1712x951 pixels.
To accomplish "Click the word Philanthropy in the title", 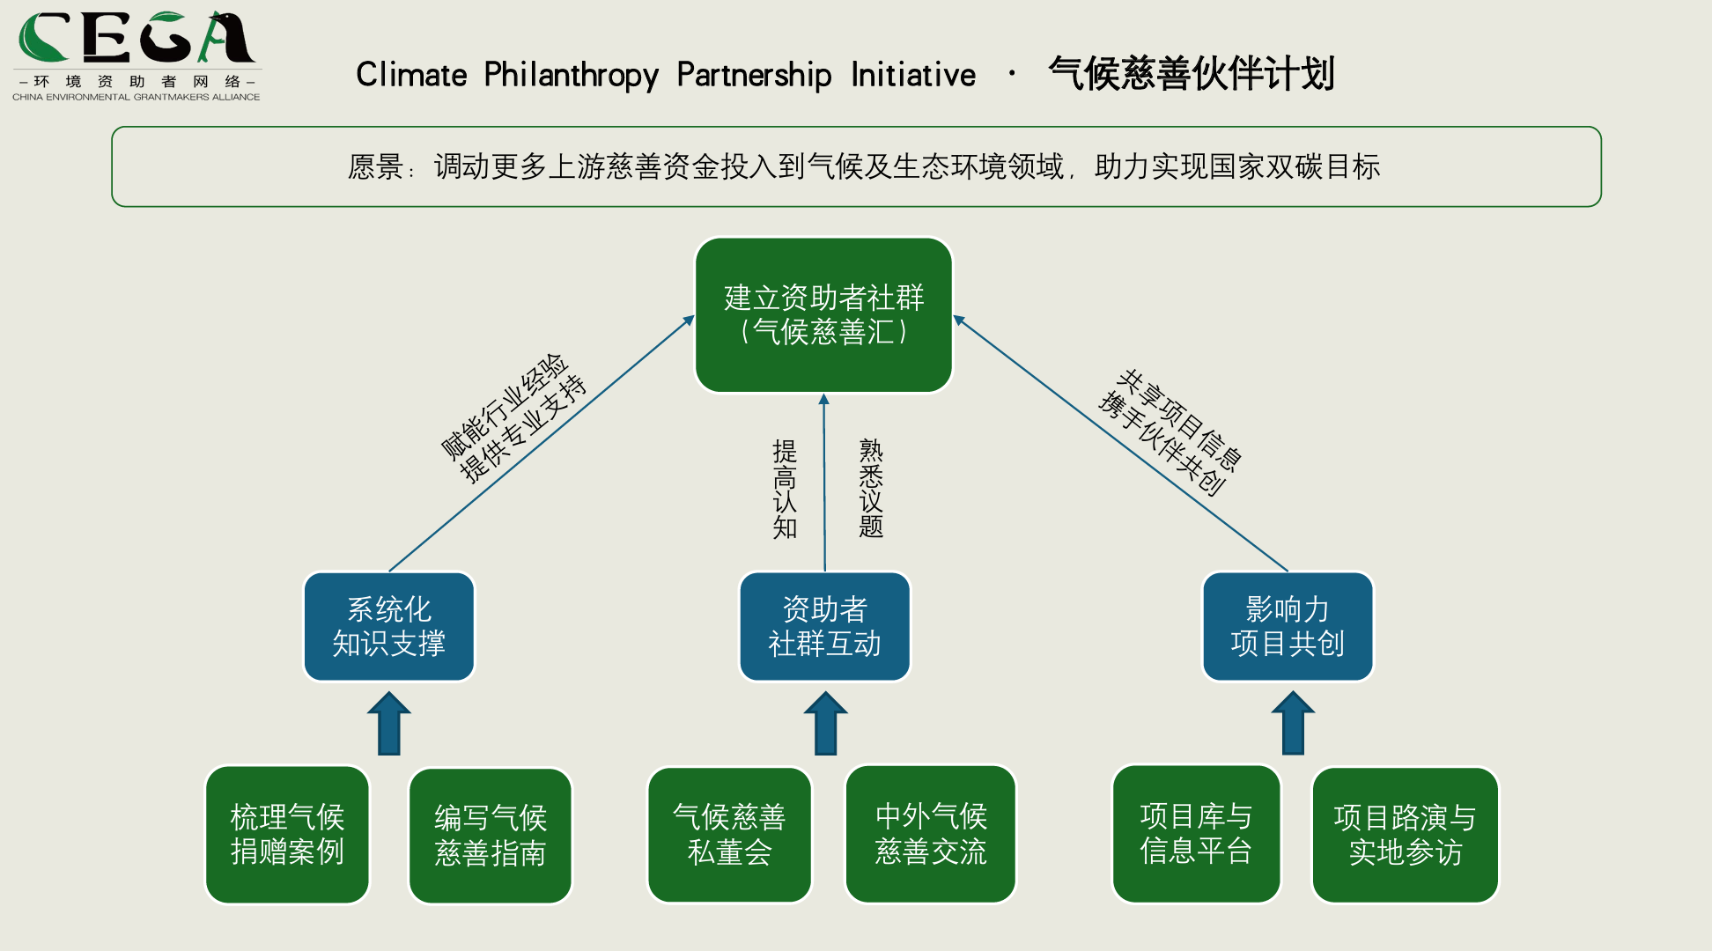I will point(571,75).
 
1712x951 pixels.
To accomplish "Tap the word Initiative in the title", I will point(913,75).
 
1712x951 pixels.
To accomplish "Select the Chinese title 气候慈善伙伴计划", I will point(1192,73).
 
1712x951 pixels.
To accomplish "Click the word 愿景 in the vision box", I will point(376,166).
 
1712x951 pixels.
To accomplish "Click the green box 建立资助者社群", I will point(823,314).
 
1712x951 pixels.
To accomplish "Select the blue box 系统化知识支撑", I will point(388,626).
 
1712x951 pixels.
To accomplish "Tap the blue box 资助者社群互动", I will point(824,626).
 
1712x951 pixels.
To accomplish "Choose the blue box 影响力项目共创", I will point(1287,626).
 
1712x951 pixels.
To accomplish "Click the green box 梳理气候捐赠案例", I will point(287,834).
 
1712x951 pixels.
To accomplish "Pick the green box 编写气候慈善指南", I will point(491,835).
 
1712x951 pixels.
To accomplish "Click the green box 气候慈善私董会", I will point(729,834).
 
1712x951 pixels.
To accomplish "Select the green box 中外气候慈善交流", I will point(931,833).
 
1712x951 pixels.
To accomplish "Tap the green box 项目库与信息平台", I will point(1196,833).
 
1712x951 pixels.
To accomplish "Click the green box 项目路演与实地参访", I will point(1405,834).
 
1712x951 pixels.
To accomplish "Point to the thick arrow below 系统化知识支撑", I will point(388,724).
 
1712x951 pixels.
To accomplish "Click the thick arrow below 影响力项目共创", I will point(1293,724).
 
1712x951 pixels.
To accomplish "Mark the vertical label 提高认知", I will point(785,489).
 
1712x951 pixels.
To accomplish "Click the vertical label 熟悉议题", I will point(870,488).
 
